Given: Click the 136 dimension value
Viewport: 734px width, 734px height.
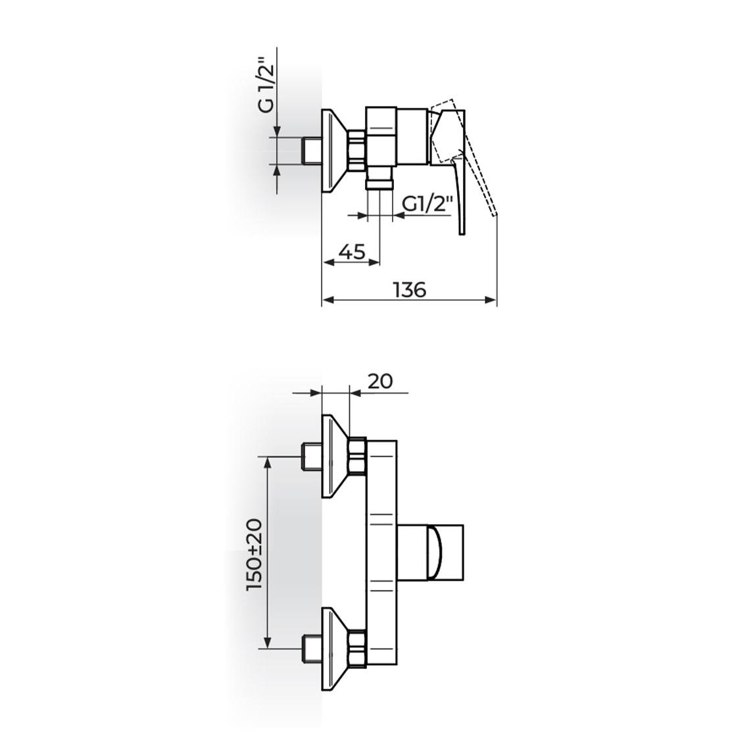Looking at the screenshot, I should pos(410,289).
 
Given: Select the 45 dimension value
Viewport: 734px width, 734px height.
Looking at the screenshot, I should pos(352,251).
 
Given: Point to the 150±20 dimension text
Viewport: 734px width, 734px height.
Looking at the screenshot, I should pos(255,553).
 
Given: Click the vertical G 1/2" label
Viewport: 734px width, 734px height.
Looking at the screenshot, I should pos(266,86).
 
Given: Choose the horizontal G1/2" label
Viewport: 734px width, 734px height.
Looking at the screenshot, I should pos(427,205).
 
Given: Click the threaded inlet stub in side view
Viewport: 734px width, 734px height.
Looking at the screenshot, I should pos(311,151).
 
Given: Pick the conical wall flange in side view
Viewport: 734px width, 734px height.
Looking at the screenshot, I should pos(333,151).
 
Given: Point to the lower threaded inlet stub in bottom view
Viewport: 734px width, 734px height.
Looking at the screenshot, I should pos(310,648).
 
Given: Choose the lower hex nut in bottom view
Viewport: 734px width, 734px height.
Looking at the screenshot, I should pos(357,648).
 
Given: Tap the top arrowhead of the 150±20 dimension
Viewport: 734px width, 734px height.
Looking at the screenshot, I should pos(267,460).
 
